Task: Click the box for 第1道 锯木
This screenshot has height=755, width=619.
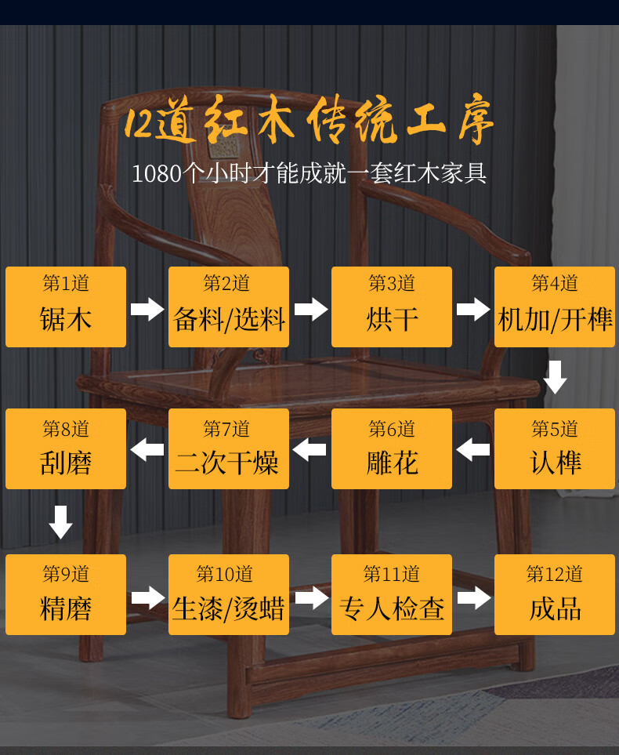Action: (66, 307)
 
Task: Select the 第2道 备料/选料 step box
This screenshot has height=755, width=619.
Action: (229, 307)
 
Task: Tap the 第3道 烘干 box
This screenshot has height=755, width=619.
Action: (392, 307)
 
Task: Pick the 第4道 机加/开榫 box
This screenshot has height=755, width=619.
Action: (555, 307)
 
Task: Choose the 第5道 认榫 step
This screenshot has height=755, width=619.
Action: (555, 448)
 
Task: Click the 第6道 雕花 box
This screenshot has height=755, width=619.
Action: (392, 448)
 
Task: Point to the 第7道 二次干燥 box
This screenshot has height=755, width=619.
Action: (229, 448)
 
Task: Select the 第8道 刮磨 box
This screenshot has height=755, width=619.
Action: (66, 448)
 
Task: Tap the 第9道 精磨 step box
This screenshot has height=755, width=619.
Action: (66, 594)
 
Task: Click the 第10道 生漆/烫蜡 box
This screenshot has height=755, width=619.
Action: (229, 594)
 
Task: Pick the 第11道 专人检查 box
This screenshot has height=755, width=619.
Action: (392, 594)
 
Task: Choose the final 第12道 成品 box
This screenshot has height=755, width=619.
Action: (555, 594)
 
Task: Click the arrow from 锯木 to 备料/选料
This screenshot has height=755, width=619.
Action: (147, 309)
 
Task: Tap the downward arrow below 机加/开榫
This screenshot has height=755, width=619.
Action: (556, 377)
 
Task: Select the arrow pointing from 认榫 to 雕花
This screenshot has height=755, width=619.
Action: (472, 450)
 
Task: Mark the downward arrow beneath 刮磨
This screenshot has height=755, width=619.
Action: (60, 522)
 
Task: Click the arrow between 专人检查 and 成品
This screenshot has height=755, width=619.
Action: (473, 598)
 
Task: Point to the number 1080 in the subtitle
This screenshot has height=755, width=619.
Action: (157, 173)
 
